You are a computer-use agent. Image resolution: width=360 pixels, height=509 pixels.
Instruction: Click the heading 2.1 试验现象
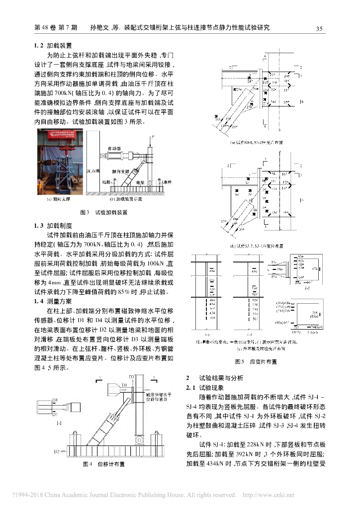(206, 387)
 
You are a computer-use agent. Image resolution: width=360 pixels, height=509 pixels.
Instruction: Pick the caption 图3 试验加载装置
(104, 213)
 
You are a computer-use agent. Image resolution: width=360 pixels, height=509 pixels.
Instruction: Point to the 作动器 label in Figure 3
(115, 148)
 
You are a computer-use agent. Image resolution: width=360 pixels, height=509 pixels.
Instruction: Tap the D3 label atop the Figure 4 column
(132, 377)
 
